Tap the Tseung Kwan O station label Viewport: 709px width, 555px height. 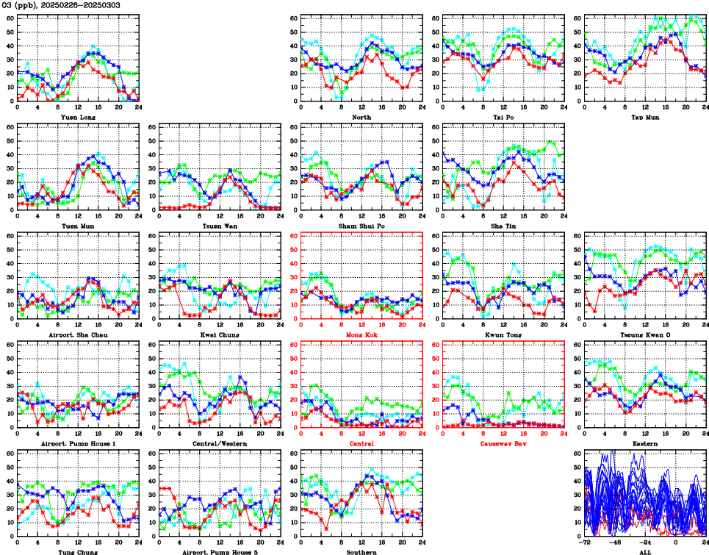[644, 334]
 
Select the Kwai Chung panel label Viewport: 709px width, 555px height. [219, 334]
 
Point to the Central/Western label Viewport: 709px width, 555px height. [219, 444]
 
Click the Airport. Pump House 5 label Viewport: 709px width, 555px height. [219, 552]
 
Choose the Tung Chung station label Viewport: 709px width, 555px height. [77, 552]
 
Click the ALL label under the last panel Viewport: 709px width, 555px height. [644, 552]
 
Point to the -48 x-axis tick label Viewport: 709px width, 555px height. [615, 543]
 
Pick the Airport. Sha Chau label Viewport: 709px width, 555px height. [77, 334]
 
